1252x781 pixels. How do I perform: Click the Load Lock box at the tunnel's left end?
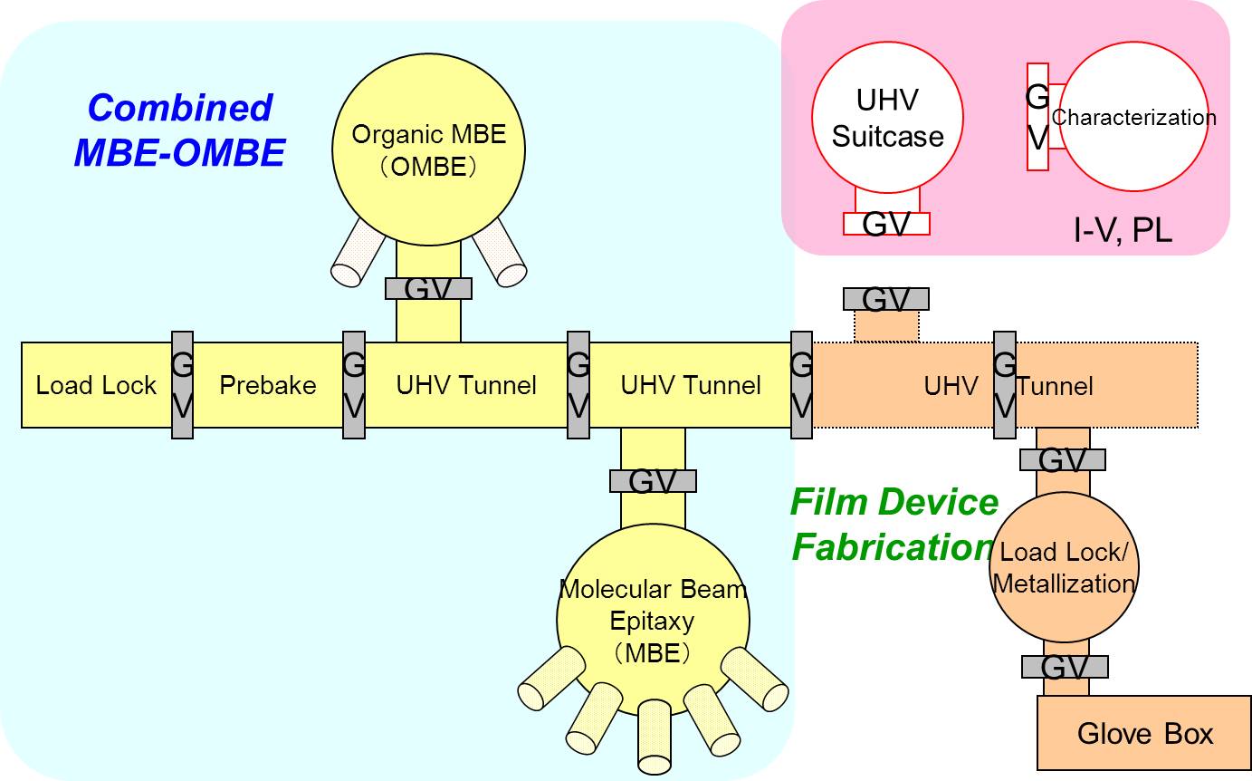pos(96,385)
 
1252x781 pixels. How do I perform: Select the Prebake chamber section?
pos(268,385)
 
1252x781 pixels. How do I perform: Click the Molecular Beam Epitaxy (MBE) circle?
pos(653,620)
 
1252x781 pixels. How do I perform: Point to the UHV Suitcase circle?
pos(887,118)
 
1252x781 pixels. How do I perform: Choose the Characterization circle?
pos(1133,117)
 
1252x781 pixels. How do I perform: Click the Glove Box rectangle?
pos(1144,733)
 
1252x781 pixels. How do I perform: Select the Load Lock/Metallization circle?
pos(1064,567)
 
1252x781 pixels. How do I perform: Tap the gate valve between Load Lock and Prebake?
pos(182,385)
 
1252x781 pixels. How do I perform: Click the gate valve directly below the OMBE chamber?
pos(428,289)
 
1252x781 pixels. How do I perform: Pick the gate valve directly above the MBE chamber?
pos(653,481)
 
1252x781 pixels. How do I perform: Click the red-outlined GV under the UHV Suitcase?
pos(886,223)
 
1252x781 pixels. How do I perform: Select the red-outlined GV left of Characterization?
pos(1037,117)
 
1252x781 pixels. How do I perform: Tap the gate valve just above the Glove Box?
pos(1065,667)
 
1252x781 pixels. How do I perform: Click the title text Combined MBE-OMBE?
pos(179,130)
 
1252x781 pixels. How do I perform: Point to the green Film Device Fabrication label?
pos(894,525)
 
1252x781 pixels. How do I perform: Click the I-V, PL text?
pos(1123,231)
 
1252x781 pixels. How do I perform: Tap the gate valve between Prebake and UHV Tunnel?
pos(354,385)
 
